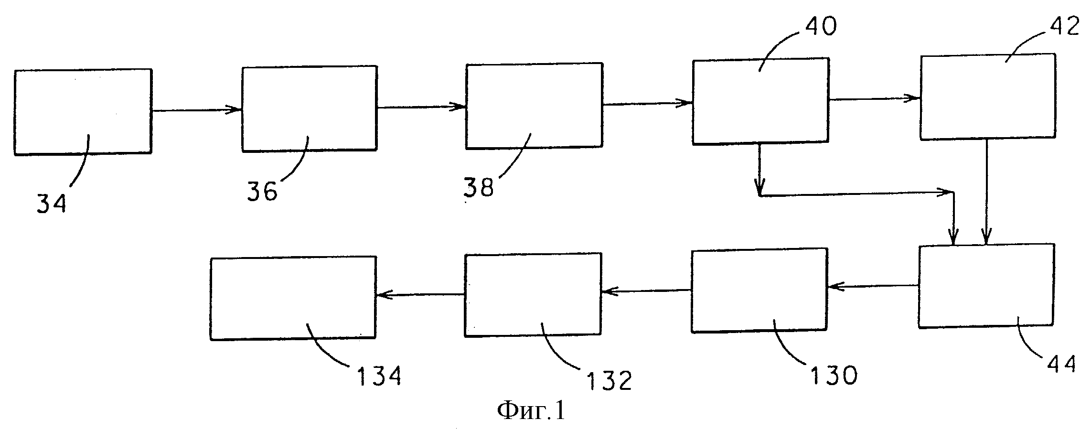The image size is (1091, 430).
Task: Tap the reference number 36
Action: pos(262,191)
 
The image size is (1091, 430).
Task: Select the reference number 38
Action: pos(479,187)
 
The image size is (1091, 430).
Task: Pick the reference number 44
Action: pos(1059,364)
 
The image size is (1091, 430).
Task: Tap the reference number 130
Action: pos(832,376)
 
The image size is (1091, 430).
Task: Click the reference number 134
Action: pos(377,376)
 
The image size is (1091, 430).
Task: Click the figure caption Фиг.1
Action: pos(531,409)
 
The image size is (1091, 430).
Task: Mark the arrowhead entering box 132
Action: pos(609,290)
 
